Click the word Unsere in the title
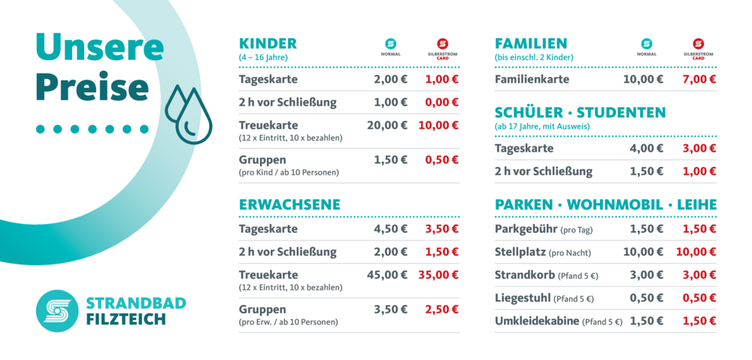(x=100, y=47)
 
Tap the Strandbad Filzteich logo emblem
(x=57, y=311)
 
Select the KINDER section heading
(x=268, y=44)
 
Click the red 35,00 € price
(x=438, y=275)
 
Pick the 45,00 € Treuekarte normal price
(x=387, y=275)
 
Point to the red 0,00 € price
(x=441, y=102)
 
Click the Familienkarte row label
(x=532, y=79)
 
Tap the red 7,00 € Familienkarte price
(x=699, y=79)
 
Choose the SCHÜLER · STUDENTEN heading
(x=580, y=113)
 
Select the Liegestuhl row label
(x=523, y=298)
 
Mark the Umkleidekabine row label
(x=537, y=321)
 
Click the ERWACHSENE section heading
(x=290, y=204)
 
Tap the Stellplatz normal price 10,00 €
(x=643, y=252)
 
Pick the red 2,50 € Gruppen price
(x=441, y=309)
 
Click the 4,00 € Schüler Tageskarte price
(x=646, y=148)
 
